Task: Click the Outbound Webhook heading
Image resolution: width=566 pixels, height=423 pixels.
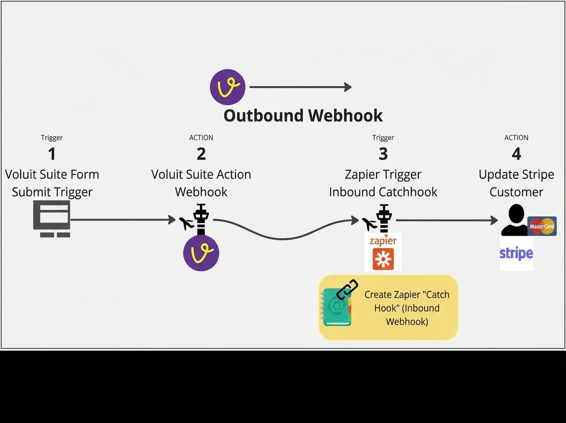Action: (x=303, y=116)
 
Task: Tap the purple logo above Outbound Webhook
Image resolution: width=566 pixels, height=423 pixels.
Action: (x=227, y=87)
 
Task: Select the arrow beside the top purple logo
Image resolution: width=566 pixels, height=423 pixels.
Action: (x=300, y=87)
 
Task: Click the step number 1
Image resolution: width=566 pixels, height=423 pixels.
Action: (x=52, y=154)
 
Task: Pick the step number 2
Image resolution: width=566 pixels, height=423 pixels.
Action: (x=201, y=154)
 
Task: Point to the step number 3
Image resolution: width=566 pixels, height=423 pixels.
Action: (x=383, y=154)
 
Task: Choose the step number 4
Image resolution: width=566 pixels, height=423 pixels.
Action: (x=516, y=154)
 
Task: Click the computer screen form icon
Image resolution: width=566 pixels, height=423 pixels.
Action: (x=52, y=219)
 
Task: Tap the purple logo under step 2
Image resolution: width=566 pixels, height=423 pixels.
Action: (x=201, y=253)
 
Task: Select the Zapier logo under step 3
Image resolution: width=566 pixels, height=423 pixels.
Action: (x=383, y=252)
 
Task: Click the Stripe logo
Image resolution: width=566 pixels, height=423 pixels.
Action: (x=516, y=254)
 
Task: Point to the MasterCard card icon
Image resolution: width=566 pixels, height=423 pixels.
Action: (x=541, y=226)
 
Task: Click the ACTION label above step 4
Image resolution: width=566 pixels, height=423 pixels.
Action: (x=516, y=137)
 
